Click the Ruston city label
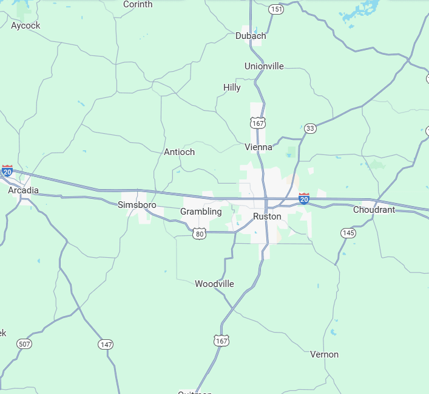[x=267, y=216]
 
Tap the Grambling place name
[x=201, y=212]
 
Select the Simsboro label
[x=137, y=205]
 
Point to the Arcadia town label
[x=23, y=190]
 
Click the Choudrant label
[x=374, y=210]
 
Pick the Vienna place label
[x=258, y=147]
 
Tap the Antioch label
[x=180, y=152]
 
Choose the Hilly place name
[x=232, y=88]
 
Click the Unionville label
[x=264, y=66]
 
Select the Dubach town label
[x=251, y=36]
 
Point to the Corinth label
[x=138, y=4]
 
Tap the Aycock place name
[x=25, y=26]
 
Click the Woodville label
[x=214, y=284]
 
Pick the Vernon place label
[x=324, y=354]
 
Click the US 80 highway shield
[x=200, y=233]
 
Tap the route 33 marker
[x=310, y=128]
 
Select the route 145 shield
[x=348, y=233]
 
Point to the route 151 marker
[x=276, y=9]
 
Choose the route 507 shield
[x=24, y=344]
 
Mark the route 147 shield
[x=106, y=344]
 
